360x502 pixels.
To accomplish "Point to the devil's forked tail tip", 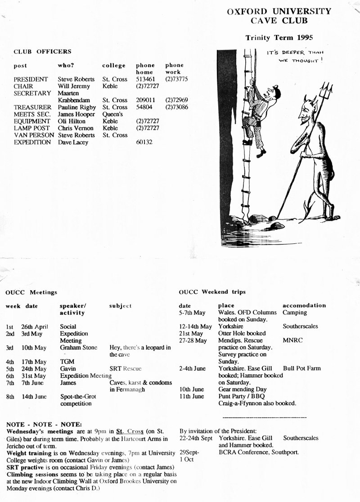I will click(309, 208).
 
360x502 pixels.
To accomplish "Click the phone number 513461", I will click(145, 79).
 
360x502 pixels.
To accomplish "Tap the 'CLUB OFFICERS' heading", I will click(42, 52).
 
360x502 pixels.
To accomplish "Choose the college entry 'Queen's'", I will click(112, 114).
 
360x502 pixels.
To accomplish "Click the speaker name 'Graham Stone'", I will click(78, 347).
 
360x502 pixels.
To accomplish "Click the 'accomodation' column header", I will click(304, 305).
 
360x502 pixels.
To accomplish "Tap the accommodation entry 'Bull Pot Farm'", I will click(301, 368).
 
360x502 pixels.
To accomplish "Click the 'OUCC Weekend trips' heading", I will click(212, 292).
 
